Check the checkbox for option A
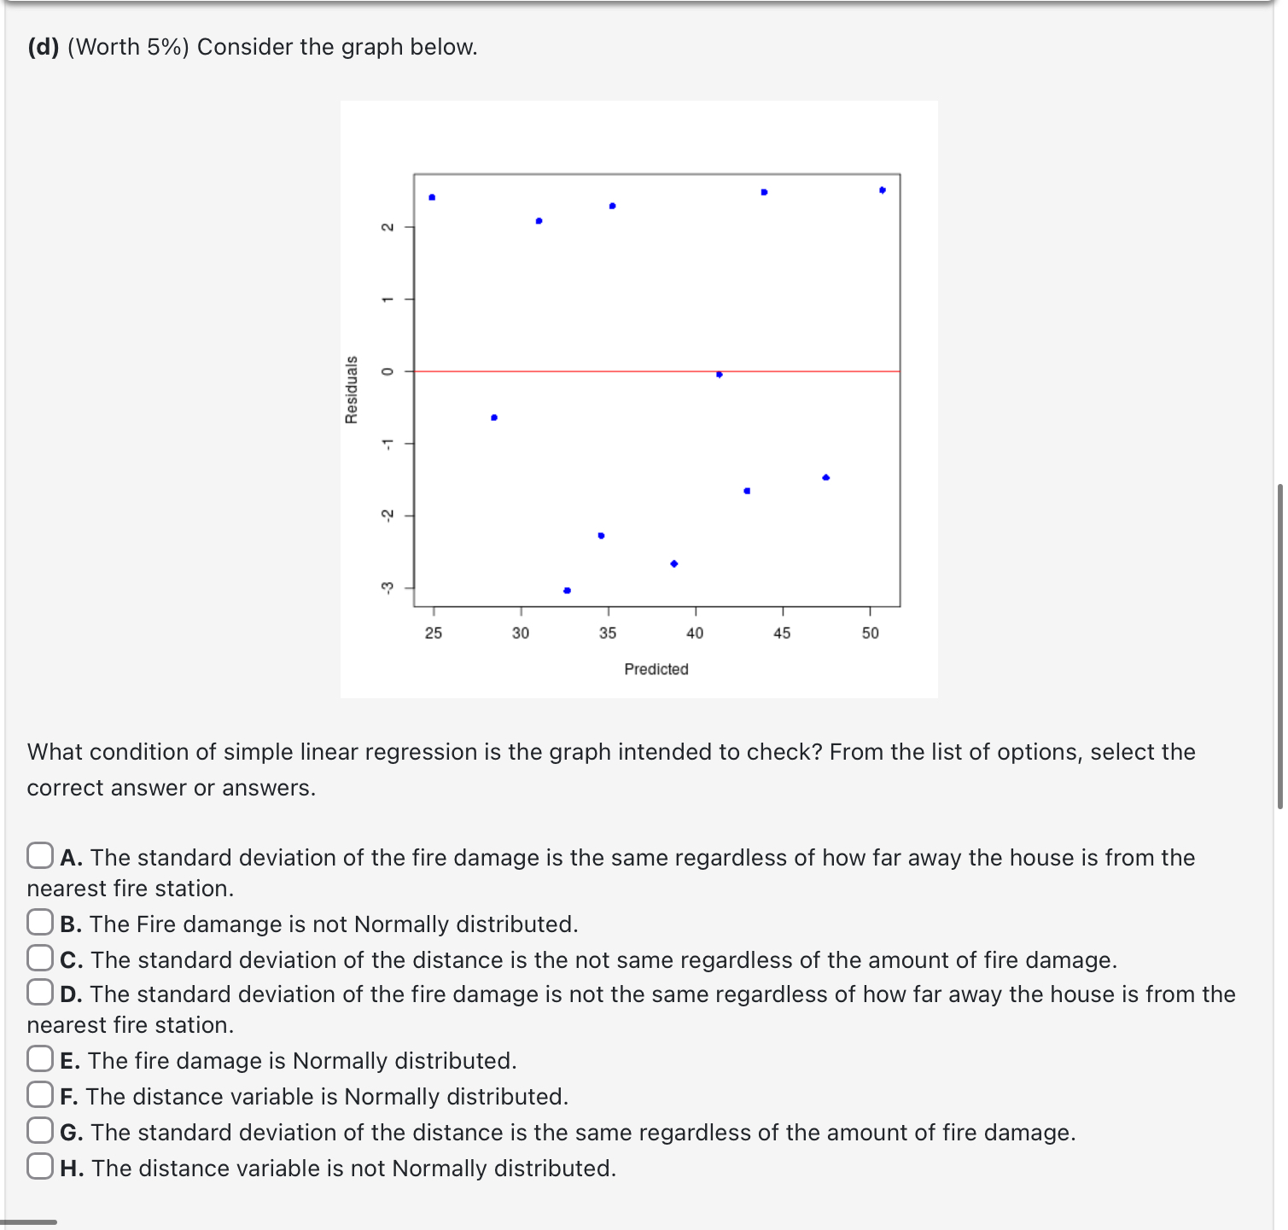click(39, 855)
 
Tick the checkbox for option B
click(39, 922)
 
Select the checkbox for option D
click(39, 992)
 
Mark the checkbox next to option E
click(39, 1058)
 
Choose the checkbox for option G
click(39, 1130)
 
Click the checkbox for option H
click(39, 1166)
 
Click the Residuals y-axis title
click(351, 389)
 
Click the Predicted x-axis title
click(656, 669)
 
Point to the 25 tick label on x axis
click(434, 632)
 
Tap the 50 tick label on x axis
click(870, 632)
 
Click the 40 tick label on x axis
click(695, 632)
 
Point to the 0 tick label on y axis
click(387, 371)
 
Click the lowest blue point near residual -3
click(567, 591)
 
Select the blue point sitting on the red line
click(720, 375)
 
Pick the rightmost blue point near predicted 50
click(882, 190)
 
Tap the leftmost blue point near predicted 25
click(432, 197)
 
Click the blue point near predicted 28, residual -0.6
click(494, 417)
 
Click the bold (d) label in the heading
click(43, 47)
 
